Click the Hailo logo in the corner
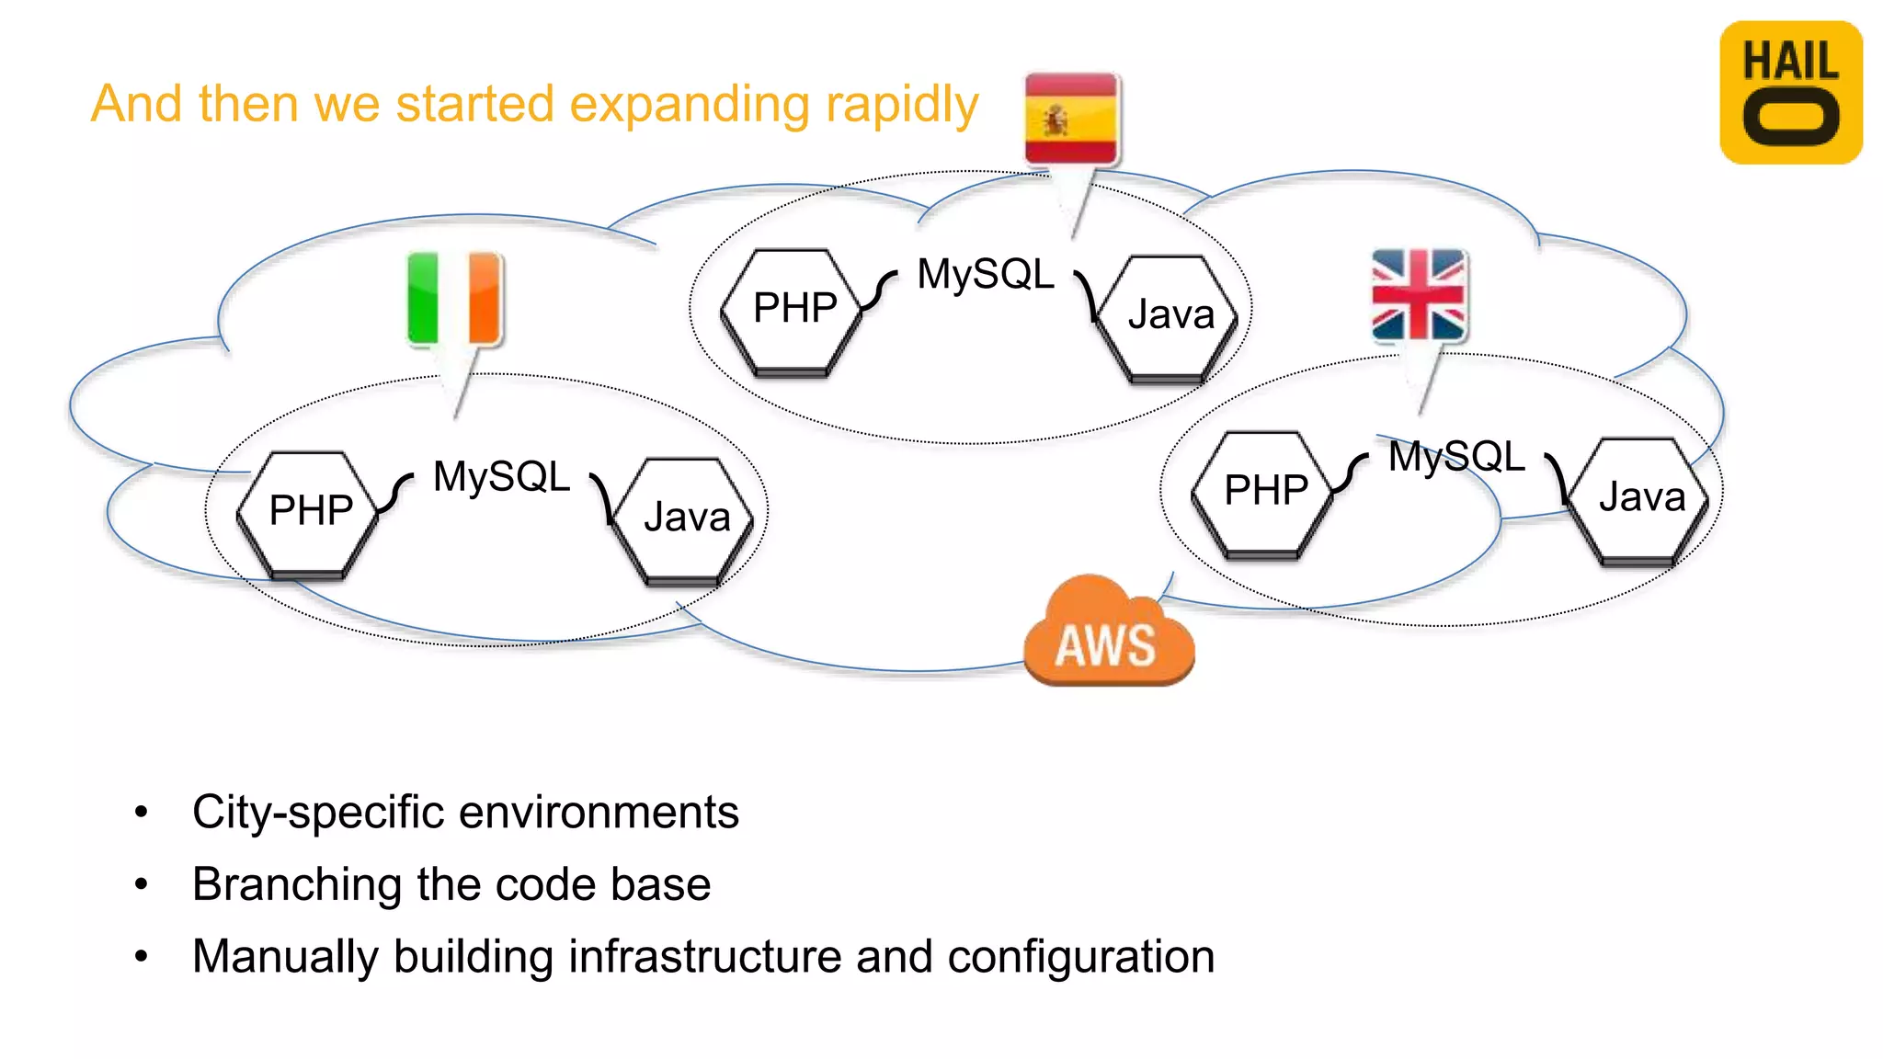click(1790, 93)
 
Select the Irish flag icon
click(455, 298)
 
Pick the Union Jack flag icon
click(1418, 294)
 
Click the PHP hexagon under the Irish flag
click(310, 512)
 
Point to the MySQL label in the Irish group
click(501, 477)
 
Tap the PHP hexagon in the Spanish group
click(794, 310)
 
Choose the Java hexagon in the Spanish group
click(1169, 316)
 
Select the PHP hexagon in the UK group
click(1265, 492)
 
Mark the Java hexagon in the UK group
click(1640, 498)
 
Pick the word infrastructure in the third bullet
click(704, 956)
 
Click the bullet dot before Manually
click(141, 957)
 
